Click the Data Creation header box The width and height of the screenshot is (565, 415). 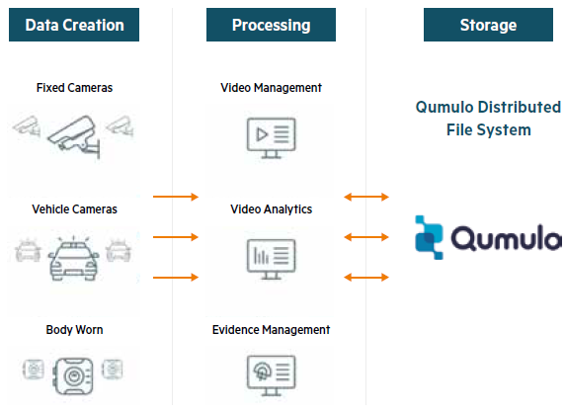(74, 25)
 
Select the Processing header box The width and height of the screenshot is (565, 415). (271, 25)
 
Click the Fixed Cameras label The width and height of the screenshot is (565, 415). (74, 88)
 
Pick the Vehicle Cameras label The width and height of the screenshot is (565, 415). (74, 209)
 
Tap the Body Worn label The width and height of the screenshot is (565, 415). (74, 329)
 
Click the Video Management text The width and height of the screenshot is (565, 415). (271, 88)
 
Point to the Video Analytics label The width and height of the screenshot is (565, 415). (271, 209)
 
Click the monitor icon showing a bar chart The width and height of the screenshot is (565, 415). (271, 256)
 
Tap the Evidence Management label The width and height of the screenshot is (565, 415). (271, 329)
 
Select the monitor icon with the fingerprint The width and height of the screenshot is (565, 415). (271, 373)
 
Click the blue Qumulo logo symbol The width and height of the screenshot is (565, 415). (433, 238)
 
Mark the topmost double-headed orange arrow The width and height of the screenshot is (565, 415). (365, 198)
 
